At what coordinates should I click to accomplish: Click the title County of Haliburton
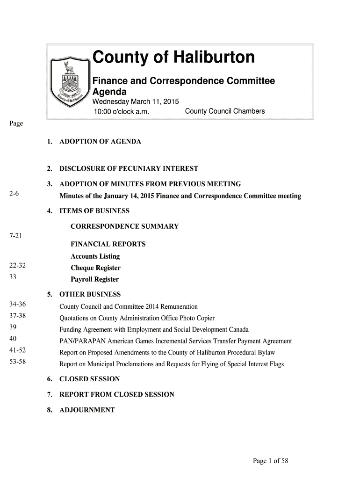coord(173,58)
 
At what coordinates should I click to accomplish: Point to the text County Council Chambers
coord(225,111)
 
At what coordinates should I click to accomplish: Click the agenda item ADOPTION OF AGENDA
coord(100,141)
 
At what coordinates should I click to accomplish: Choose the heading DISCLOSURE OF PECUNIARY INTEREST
coord(129,168)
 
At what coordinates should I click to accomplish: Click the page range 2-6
coord(14,193)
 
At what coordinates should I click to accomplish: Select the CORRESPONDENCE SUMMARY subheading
coord(124,226)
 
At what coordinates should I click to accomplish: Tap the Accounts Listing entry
coord(95,256)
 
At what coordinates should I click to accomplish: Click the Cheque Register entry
coord(95,268)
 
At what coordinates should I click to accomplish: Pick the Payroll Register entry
coord(94,279)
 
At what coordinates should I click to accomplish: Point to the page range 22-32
coord(17,266)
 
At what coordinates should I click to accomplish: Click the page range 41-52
coord(17,350)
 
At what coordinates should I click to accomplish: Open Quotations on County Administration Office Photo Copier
coord(137,318)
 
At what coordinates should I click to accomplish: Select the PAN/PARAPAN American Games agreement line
coord(175,341)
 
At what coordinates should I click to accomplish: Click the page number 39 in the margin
coord(13,327)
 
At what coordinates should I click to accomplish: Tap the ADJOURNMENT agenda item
coord(87,410)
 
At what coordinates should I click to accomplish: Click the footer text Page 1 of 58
coord(270,461)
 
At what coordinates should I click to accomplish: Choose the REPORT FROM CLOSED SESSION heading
coord(116,394)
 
